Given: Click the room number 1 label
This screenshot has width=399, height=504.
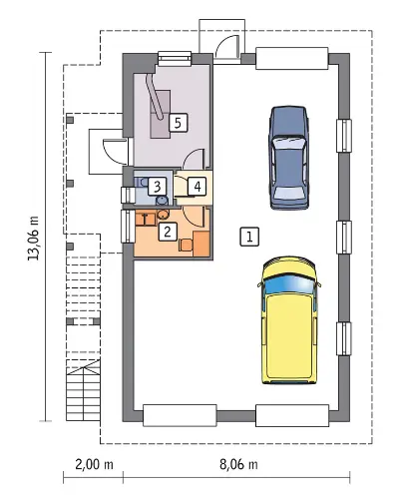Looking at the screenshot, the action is pyautogui.click(x=249, y=237).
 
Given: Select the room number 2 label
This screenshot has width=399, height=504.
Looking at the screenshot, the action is pyautogui.click(x=168, y=232).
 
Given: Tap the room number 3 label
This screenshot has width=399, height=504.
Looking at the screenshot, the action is pyautogui.click(x=157, y=187).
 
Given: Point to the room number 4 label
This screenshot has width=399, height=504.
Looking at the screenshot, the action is pyautogui.click(x=198, y=187).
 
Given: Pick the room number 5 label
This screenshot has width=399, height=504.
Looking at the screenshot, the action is pyautogui.click(x=178, y=123).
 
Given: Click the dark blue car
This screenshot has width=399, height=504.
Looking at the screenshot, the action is pyautogui.click(x=289, y=158).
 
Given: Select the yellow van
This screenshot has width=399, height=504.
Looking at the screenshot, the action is pyautogui.click(x=289, y=320).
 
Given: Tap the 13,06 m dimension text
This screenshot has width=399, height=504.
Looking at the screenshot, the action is pyautogui.click(x=34, y=238).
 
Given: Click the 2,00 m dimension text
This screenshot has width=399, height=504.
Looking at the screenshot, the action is pyautogui.click(x=94, y=464).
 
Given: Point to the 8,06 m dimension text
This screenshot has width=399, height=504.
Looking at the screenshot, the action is pyautogui.click(x=238, y=464).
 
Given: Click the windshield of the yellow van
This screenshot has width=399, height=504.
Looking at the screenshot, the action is pyautogui.click(x=289, y=284).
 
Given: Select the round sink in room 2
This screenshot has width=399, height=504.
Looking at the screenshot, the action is pyautogui.click(x=163, y=214).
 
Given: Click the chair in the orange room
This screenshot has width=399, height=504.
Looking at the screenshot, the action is pyautogui.click(x=186, y=245).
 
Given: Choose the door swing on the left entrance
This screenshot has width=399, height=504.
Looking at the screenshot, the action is pyautogui.click(x=115, y=152).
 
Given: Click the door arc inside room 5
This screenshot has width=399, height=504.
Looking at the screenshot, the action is pyautogui.click(x=194, y=158).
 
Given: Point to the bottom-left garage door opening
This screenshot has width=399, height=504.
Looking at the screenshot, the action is pyautogui.click(x=180, y=415).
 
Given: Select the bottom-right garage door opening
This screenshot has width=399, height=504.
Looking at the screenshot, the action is pyautogui.click(x=292, y=415).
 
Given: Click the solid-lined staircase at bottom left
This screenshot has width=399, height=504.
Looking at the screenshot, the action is pyautogui.click(x=83, y=390).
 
